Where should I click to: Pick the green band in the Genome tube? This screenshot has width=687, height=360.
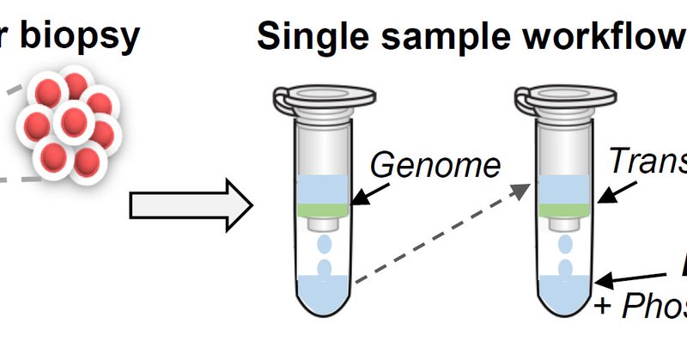323,206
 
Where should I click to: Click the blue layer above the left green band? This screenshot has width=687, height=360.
323,186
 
